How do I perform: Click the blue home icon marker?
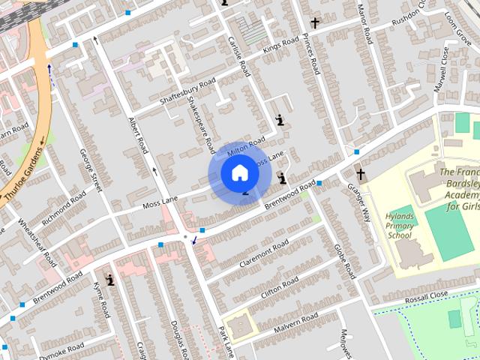pos(239,173)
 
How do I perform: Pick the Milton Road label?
pos(246,147)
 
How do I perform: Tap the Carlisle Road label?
pos(238,55)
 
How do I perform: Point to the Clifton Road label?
pos(279,286)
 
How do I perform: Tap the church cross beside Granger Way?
pos(361,175)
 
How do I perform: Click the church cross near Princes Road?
pos(315,23)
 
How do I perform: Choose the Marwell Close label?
pos(445,65)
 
